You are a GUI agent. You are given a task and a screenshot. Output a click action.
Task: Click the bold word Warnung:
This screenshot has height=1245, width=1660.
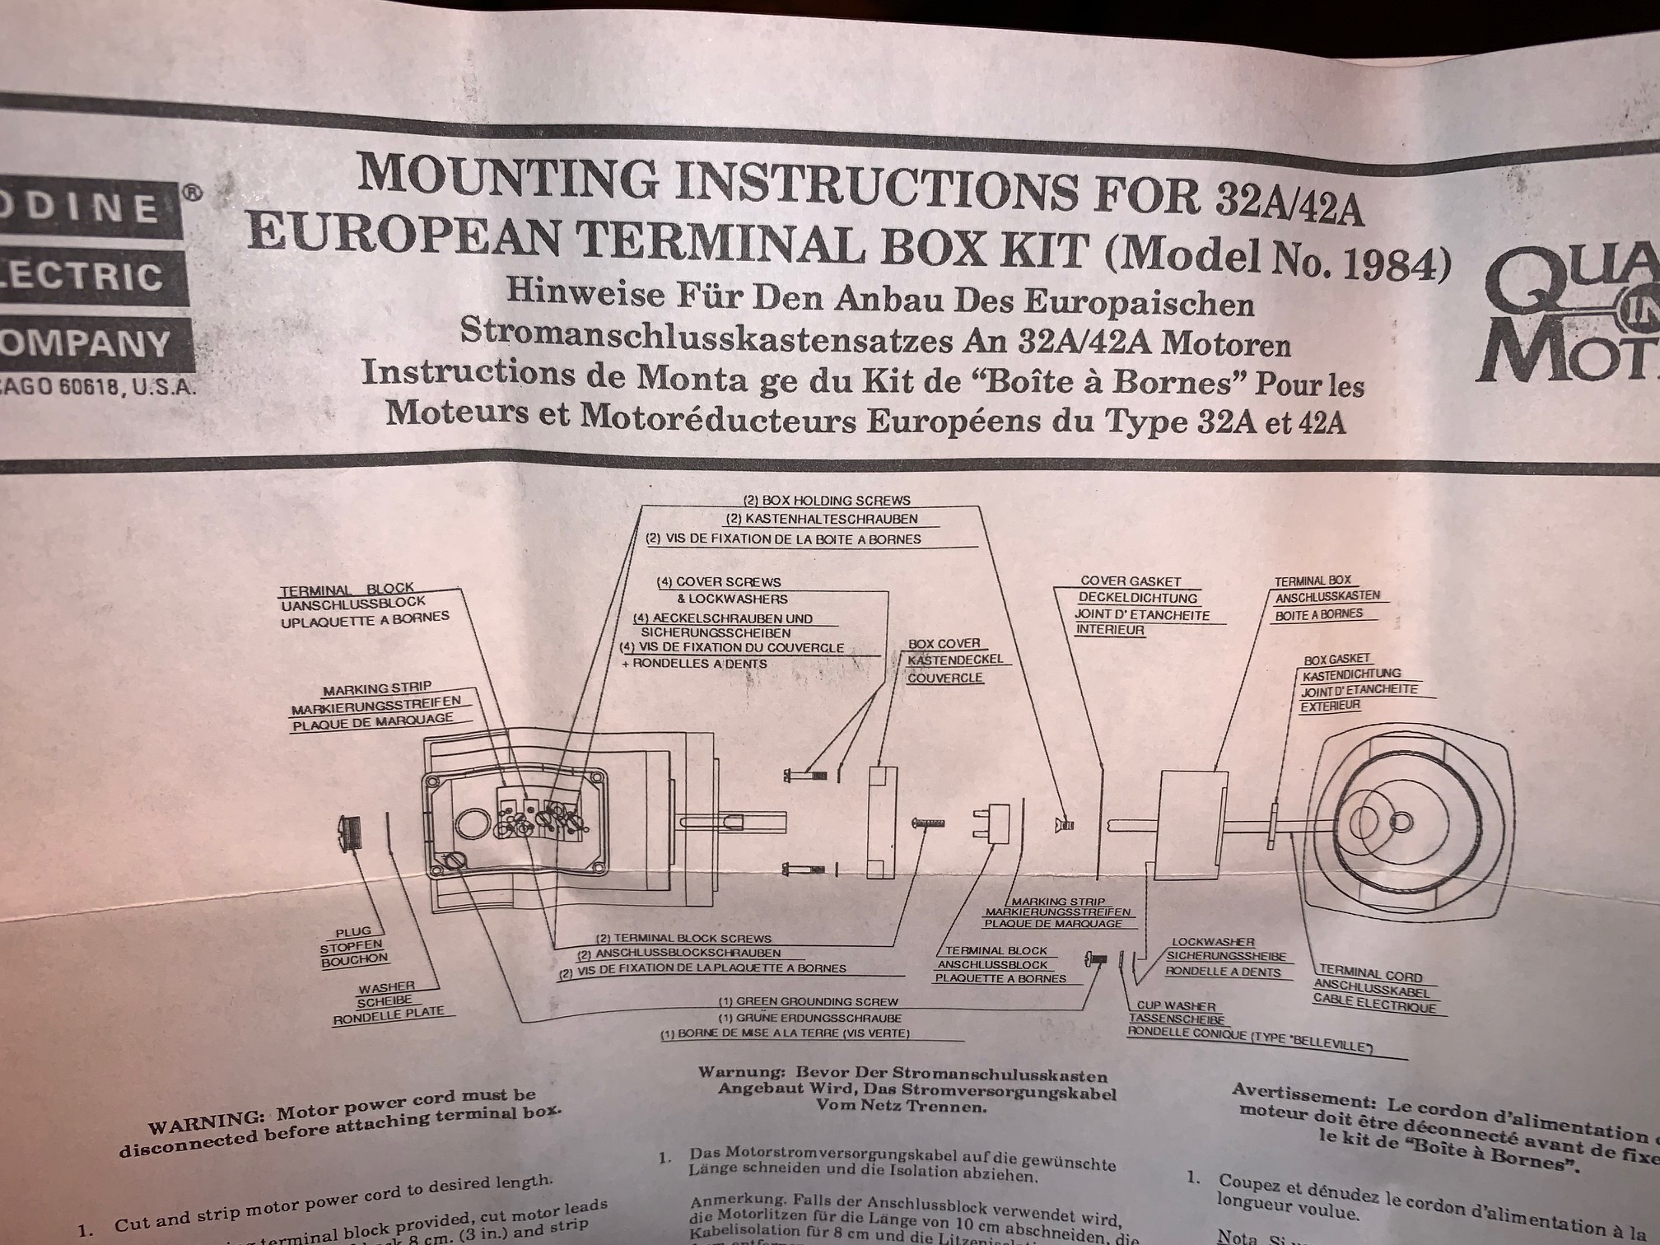(735, 1075)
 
